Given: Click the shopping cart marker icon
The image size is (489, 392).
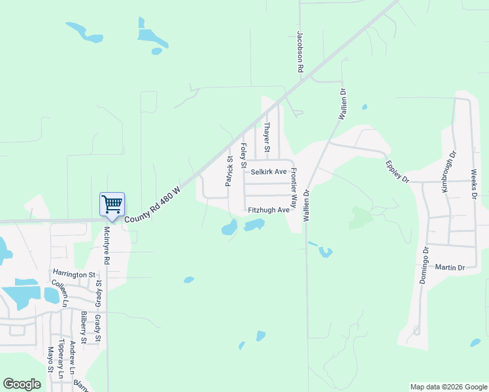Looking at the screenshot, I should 112,205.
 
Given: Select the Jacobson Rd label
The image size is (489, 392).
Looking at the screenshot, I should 300,51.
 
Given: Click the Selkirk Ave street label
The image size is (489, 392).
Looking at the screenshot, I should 269,172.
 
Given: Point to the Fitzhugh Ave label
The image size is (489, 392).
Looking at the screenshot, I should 268,210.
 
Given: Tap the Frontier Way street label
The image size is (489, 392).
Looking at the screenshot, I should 294,188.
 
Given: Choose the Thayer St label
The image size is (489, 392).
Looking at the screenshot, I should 267,138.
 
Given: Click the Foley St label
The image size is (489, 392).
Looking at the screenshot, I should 243,156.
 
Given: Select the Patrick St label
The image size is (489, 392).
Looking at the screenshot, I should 229,171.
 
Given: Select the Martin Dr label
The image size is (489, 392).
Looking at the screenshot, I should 450,268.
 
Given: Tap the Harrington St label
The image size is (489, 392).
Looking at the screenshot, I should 74,275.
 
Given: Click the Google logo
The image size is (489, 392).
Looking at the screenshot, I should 22,384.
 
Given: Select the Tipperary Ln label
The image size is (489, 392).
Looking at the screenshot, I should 61,359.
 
